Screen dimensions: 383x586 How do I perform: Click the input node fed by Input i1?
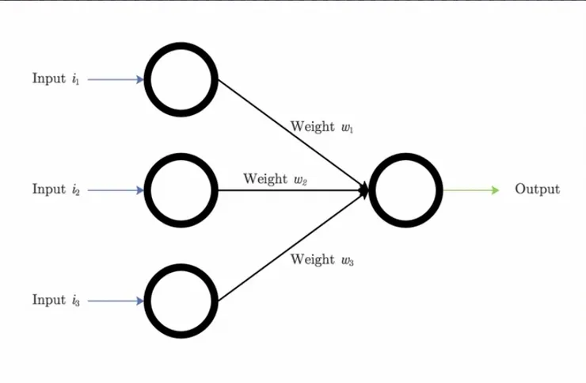[181, 79]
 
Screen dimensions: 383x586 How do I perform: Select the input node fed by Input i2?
[181, 190]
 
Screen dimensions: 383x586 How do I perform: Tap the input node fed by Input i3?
[181, 301]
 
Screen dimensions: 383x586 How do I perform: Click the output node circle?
[405, 190]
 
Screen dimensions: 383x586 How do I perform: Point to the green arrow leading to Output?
[467, 190]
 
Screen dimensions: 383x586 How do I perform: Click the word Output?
[537, 190]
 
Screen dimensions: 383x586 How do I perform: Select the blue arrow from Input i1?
[114, 79]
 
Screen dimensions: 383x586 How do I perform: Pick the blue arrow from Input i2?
[114, 190]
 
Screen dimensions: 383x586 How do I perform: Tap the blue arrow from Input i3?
[114, 301]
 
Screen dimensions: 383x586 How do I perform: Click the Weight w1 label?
[321, 127]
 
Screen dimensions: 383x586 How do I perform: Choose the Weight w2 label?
[275, 179]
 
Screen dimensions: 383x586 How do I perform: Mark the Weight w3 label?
[321, 259]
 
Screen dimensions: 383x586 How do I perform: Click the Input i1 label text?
[55, 79]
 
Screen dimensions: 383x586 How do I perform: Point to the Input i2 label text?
[55, 190]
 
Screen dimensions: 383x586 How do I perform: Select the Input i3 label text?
[55, 301]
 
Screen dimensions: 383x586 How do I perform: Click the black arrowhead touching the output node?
[365, 190]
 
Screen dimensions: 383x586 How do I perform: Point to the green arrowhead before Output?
[495, 190]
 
